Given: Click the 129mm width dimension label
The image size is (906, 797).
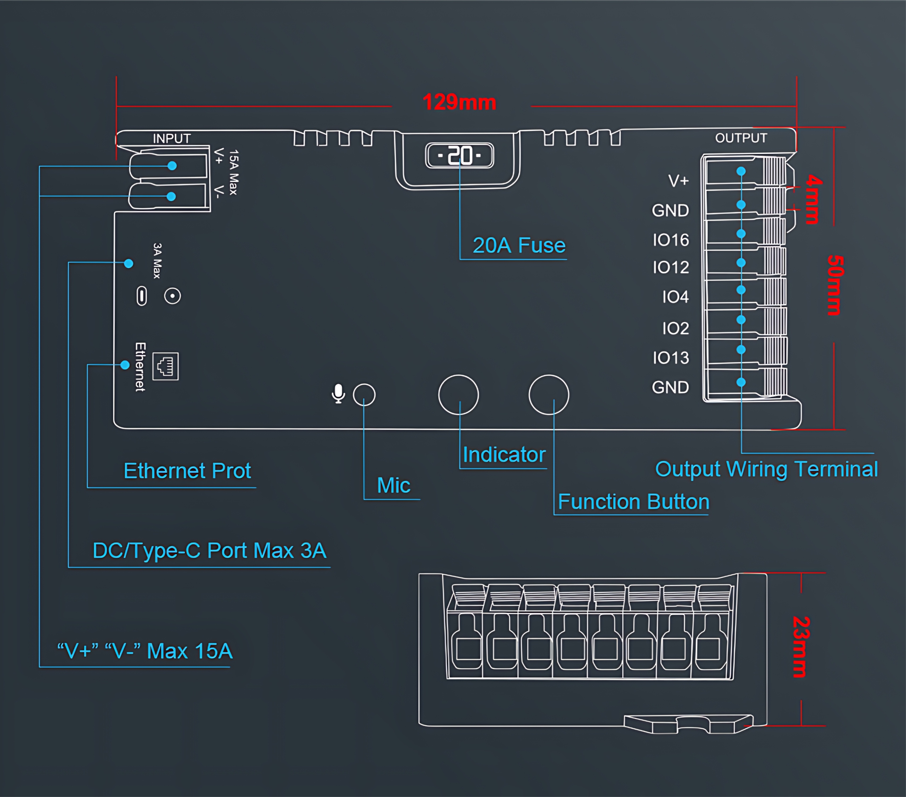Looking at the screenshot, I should coord(459,102).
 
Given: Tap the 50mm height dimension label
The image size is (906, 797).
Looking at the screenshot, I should coord(835,285).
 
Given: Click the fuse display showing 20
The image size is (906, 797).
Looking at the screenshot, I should coord(460,156).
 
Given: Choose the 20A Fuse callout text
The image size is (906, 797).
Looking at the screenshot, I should coord(519,246).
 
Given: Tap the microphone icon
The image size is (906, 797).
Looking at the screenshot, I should coord(338,394).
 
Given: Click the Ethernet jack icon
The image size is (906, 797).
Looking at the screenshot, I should coord(166,366).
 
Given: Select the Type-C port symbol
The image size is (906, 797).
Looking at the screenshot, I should coord(142,296).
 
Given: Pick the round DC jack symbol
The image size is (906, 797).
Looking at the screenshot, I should coord(172,296).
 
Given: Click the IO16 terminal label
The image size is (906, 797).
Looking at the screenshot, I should coord(671,240).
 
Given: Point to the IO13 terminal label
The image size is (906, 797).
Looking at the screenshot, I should coord(671,358).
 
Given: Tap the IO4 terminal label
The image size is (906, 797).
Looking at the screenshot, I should coord(675,297).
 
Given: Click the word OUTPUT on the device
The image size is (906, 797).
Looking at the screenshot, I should coord(741,138).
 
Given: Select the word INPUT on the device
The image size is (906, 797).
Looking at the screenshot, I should coord(172,139).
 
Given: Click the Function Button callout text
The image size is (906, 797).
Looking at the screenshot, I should coord(633,502).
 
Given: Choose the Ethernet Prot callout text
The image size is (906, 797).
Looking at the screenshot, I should coord(187,471).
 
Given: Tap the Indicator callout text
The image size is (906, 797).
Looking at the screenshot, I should coord(504,455).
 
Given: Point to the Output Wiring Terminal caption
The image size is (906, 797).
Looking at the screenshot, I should coord(766,469).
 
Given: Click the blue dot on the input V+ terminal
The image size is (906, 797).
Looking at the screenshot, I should coord(172,166).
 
